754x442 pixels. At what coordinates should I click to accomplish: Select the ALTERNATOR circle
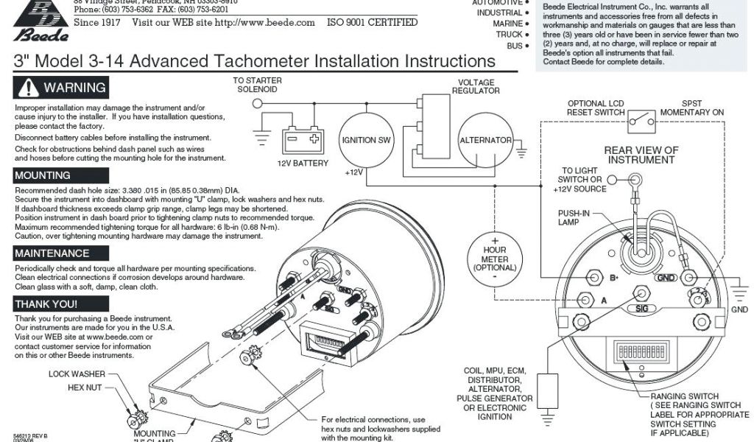point(485,140)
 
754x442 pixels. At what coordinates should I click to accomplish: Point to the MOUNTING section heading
point(43,175)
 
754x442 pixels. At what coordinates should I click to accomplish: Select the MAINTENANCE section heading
point(52,253)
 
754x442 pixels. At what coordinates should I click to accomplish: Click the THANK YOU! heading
point(46,304)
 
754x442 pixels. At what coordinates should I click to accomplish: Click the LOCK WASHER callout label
point(77,374)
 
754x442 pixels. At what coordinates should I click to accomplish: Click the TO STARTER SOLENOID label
point(258,85)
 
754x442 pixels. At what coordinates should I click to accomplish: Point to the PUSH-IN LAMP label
point(571,217)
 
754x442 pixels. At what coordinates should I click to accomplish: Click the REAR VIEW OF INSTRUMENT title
point(641,155)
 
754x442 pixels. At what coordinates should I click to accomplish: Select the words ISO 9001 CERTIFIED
point(372,22)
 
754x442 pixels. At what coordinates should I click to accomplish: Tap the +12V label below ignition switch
point(355,172)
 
